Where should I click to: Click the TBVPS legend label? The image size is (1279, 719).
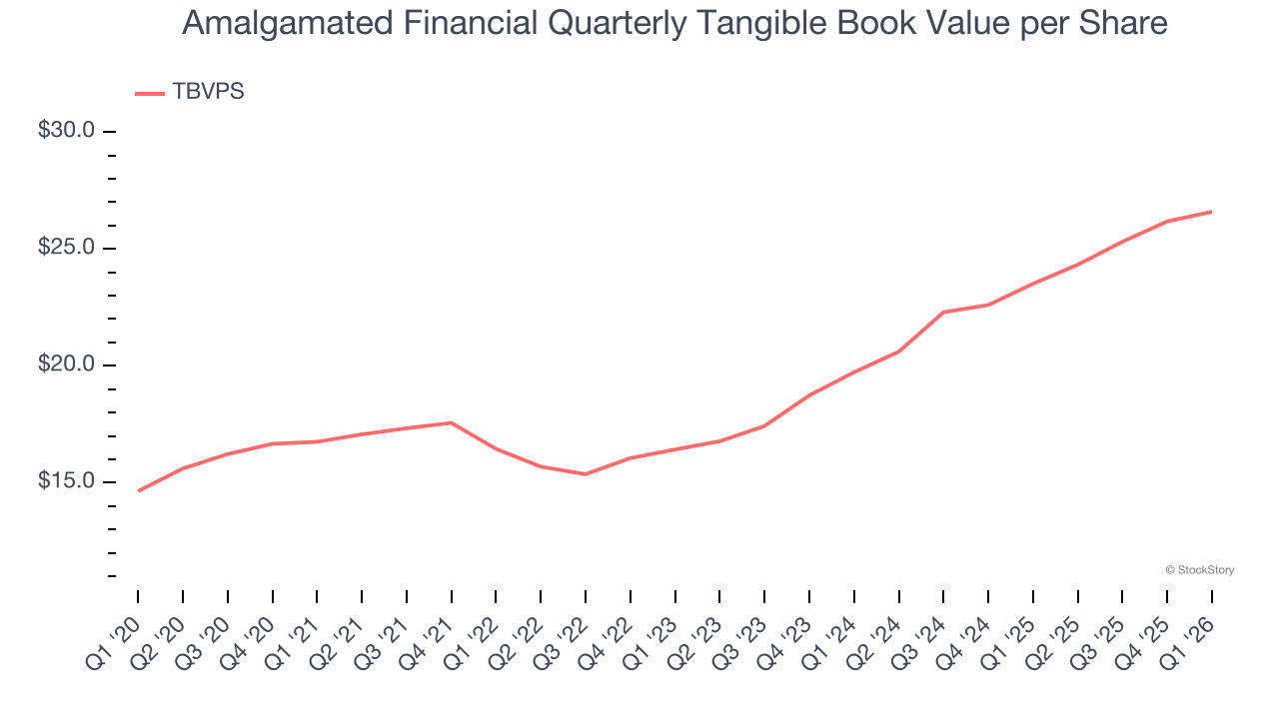[x=208, y=92]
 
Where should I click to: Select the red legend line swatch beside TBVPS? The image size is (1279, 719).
[x=150, y=94]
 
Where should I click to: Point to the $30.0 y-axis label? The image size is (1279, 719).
[x=66, y=131]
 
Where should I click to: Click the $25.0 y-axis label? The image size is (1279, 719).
[x=66, y=248]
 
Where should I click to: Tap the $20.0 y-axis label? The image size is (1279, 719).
[x=66, y=364]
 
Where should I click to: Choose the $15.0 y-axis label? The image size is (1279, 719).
[x=66, y=481]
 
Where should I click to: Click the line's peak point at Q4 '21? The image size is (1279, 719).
[x=452, y=422]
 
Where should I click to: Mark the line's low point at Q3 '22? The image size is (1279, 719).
[x=586, y=474]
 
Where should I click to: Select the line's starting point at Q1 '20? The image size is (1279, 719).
[x=138, y=491]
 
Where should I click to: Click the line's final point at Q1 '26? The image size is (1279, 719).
[x=1212, y=212]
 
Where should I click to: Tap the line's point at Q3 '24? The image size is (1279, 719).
[x=944, y=312]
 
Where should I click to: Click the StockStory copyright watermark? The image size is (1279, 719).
[x=1199, y=570]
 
